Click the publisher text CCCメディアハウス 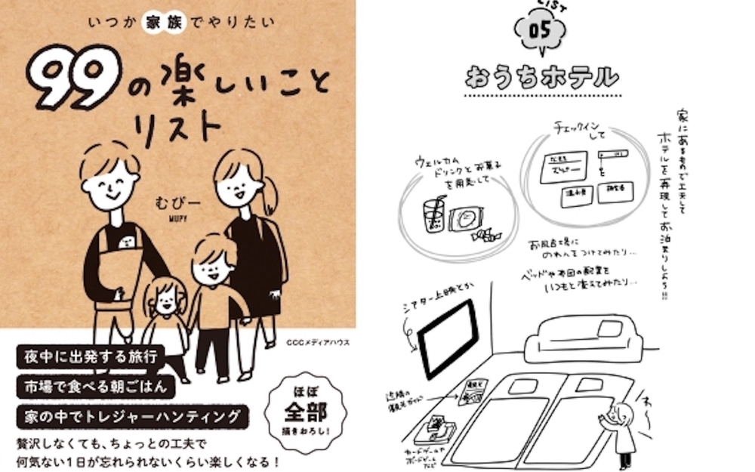click(317, 343)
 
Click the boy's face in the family click(213, 267)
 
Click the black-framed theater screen click(448, 337)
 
